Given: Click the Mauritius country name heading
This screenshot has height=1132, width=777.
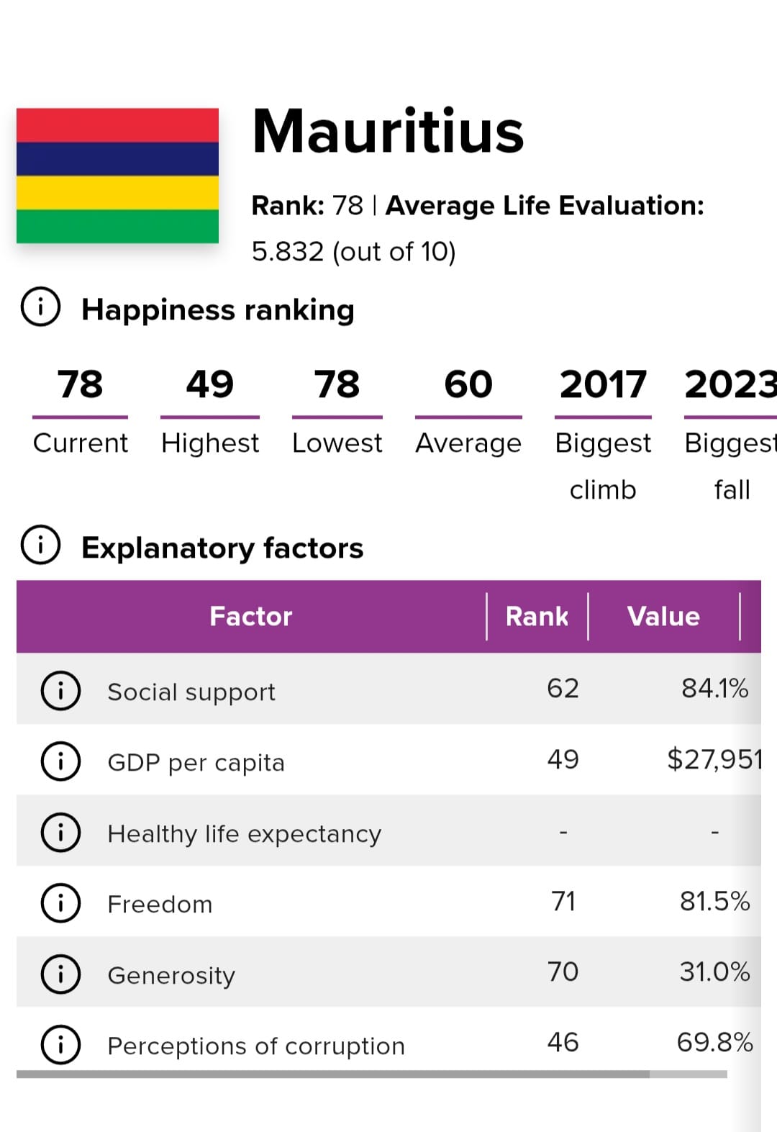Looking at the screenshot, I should tap(388, 132).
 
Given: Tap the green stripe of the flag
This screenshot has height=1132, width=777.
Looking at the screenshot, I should tap(117, 226).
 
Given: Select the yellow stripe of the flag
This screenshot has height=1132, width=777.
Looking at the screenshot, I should tap(117, 192).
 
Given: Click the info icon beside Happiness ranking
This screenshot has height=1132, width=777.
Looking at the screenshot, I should tap(40, 307).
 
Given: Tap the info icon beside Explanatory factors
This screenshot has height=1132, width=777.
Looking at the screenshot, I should tap(40, 545).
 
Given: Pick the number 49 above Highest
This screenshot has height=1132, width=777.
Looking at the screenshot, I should tap(209, 384).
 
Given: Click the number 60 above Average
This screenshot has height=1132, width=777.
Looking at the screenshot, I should tap(468, 384).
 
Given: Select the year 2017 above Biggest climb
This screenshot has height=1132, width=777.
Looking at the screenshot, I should tap(603, 384).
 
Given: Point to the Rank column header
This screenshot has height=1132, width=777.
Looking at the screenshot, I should tap(537, 616).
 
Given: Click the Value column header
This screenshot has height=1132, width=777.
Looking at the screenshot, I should tap(663, 616).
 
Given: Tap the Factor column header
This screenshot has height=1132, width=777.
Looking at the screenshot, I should tap(250, 616).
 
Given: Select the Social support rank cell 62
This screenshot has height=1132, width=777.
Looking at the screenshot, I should tap(563, 689).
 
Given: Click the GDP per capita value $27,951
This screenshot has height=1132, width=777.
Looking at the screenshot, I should tap(714, 759).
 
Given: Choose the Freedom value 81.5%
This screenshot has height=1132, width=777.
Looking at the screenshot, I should tap(714, 901).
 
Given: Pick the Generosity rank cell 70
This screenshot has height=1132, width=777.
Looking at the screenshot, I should tap(563, 972).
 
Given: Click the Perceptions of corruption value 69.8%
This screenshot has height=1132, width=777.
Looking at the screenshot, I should tap(714, 1042).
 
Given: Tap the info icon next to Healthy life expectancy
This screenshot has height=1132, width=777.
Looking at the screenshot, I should tap(60, 833).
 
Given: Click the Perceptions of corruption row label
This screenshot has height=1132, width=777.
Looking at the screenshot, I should tap(256, 1046).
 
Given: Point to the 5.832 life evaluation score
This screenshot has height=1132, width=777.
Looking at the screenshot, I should tap(288, 252).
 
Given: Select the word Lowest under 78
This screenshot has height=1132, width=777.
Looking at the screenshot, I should tap(337, 443).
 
